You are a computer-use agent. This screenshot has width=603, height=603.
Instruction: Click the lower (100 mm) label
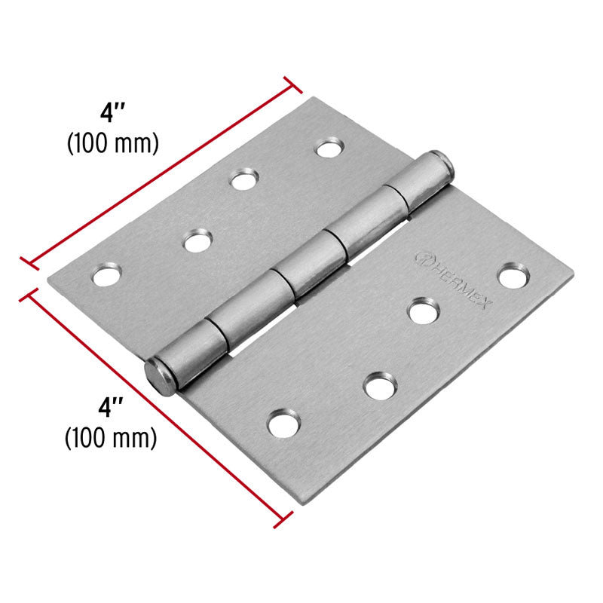pyautogui.click(x=112, y=436)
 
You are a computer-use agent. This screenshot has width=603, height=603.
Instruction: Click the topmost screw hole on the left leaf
pyautogui.click(x=329, y=148)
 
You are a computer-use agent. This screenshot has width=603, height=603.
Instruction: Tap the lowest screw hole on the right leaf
pyautogui.click(x=283, y=424)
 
